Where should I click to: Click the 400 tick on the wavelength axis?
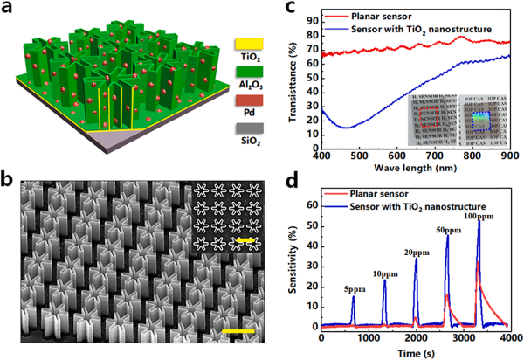point(322,156)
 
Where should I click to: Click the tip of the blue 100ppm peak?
point(479,220)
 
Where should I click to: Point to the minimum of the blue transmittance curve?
point(348,128)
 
